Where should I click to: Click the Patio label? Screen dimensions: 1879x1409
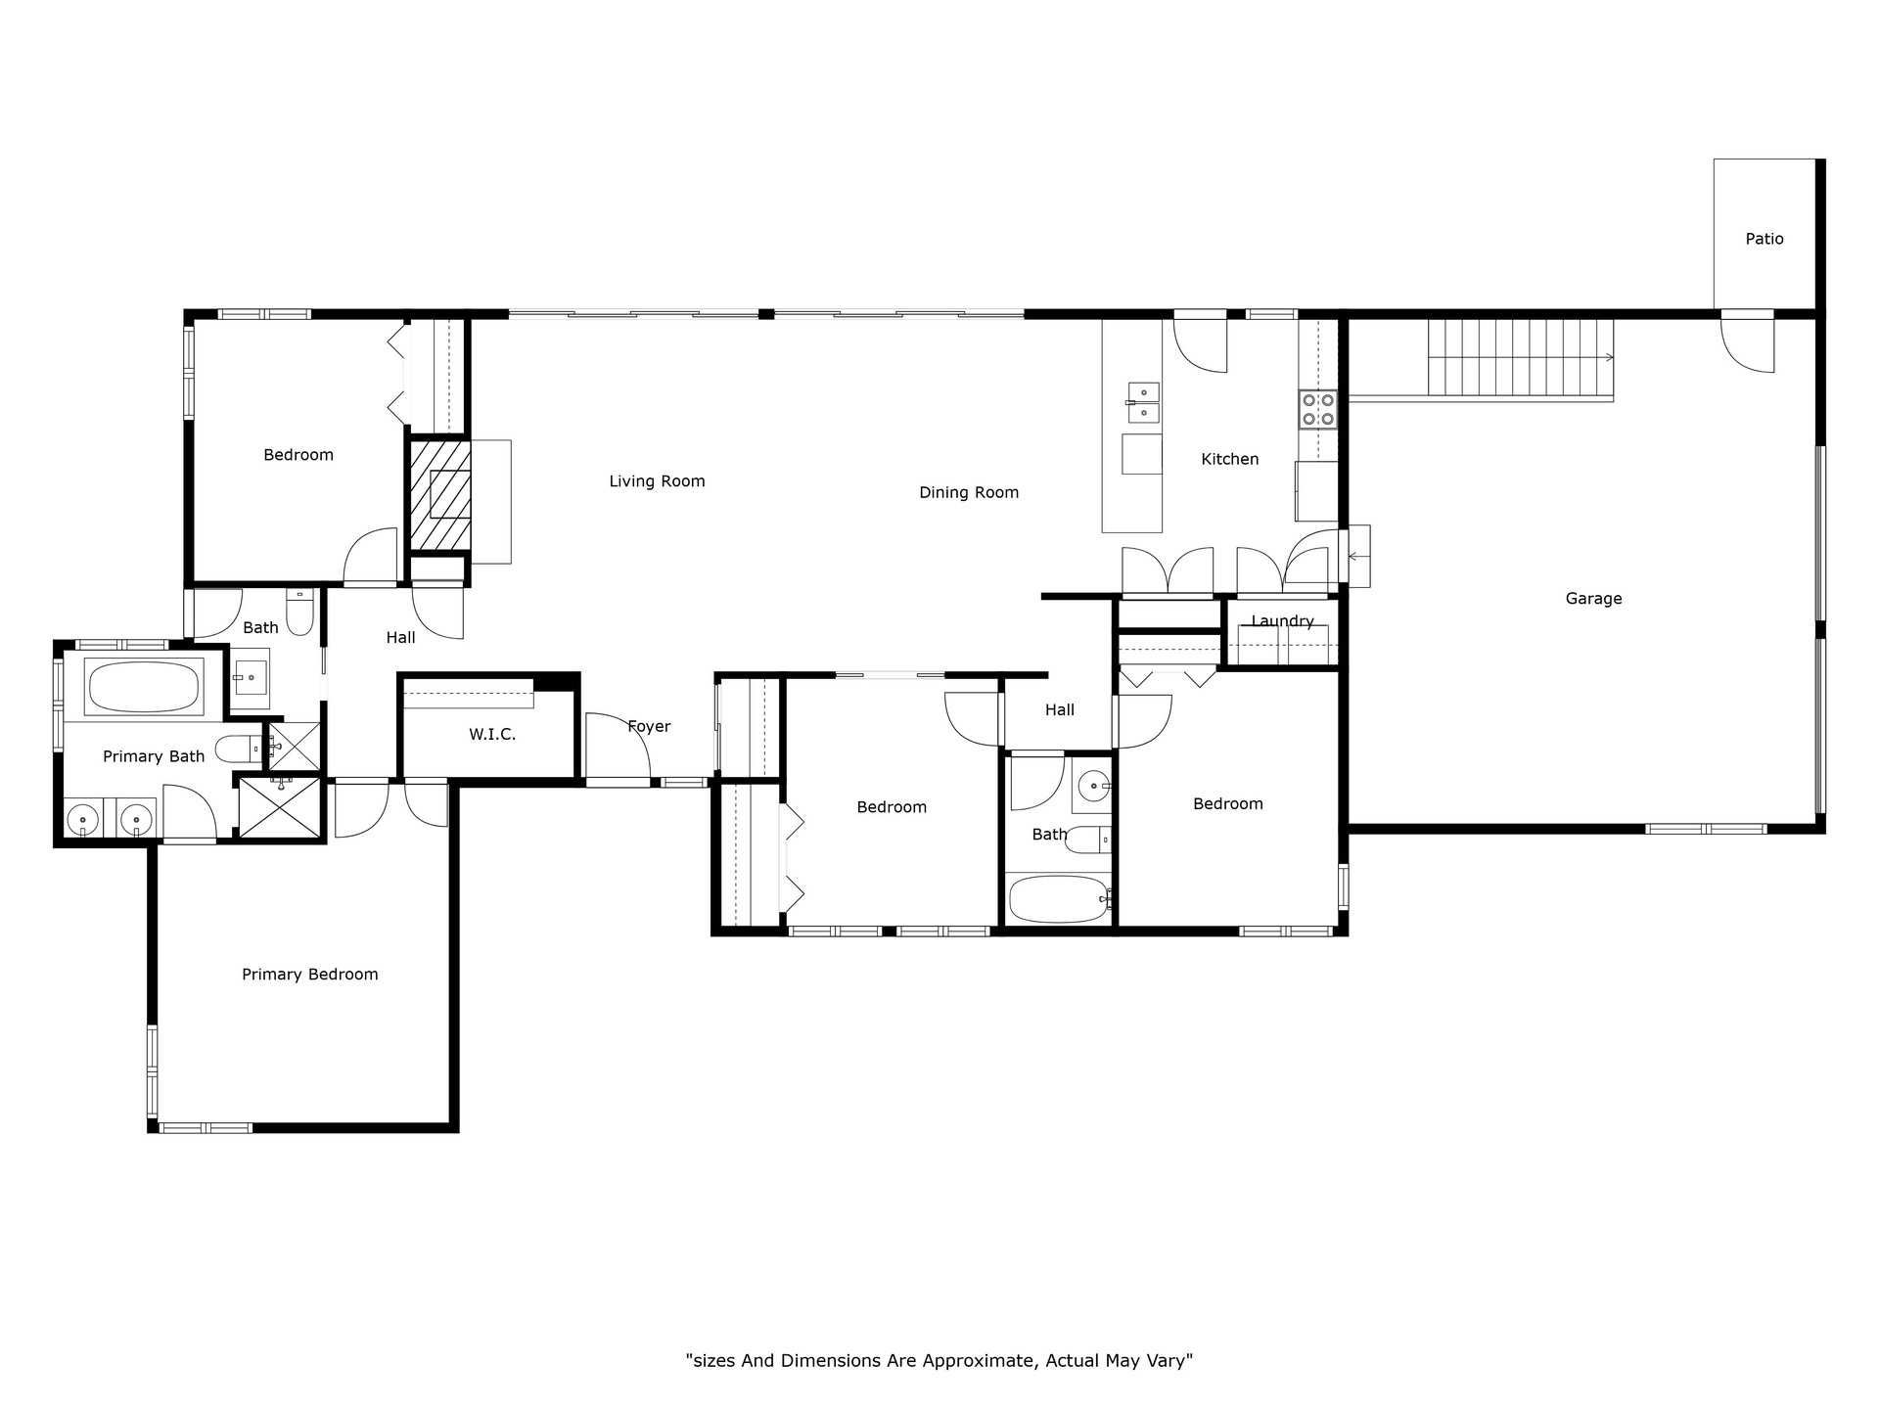(x=1764, y=239)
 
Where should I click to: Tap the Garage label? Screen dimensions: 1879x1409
(x=1593, y=599)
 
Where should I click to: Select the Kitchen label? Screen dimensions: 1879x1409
(x=1230, y=459)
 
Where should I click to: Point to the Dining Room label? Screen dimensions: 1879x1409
(x=969, y=492)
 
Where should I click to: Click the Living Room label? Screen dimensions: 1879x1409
(x=657, y=481)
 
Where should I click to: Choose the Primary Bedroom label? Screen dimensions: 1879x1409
(x=310, y=975)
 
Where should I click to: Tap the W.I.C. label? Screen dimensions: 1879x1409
(x=492, y=734)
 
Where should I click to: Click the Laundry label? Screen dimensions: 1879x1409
(x=1282, y=621)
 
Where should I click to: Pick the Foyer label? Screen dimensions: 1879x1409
(x=649, y=726)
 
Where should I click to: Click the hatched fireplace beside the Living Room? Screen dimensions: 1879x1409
(x=439, y=495)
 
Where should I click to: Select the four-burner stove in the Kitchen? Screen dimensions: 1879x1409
(x=1318, y=409)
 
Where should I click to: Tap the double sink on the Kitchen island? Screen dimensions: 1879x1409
(x=1142, y=403)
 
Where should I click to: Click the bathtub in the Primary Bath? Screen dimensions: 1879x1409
(x=146, y=686)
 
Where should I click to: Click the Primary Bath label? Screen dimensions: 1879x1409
(x=154, y=756)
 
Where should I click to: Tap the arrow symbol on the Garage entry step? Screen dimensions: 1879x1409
(x=1358, y=556)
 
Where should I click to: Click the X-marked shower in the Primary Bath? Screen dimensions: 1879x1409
(x=280, y=806)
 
